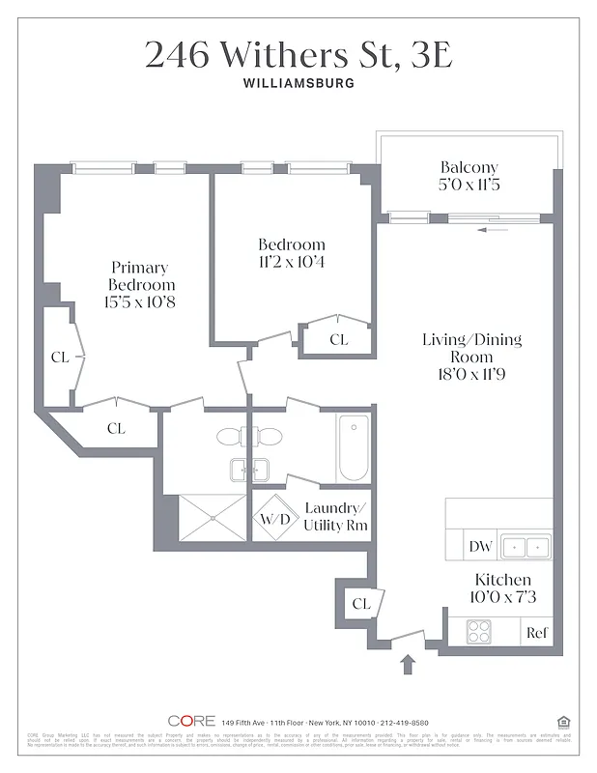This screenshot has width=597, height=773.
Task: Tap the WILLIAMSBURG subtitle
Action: [x=298, y=83]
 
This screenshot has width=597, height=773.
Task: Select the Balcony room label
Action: [x=469, y=167]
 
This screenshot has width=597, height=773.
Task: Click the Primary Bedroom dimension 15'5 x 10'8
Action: [x=141, y=302]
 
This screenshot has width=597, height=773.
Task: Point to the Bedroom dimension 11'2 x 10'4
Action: [x=292, y=262]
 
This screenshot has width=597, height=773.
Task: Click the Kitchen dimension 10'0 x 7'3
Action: [x=501, y=598]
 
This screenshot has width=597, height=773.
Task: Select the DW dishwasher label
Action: [x=480, y=547]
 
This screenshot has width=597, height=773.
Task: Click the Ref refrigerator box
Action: [x=536, y=633]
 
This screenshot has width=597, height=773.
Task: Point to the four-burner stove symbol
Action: [x=480, y=632]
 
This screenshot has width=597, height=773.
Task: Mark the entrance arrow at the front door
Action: [x=407, y=663]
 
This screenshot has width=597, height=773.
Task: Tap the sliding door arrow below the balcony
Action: [x=493, y=230]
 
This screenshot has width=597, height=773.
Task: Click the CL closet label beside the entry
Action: [x=360, y=604]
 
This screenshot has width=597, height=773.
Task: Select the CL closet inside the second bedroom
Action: [x=338, y=340]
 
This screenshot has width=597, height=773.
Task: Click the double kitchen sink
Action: [x=526, y=547]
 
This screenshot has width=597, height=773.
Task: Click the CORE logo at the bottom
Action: [x=190, y=721]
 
